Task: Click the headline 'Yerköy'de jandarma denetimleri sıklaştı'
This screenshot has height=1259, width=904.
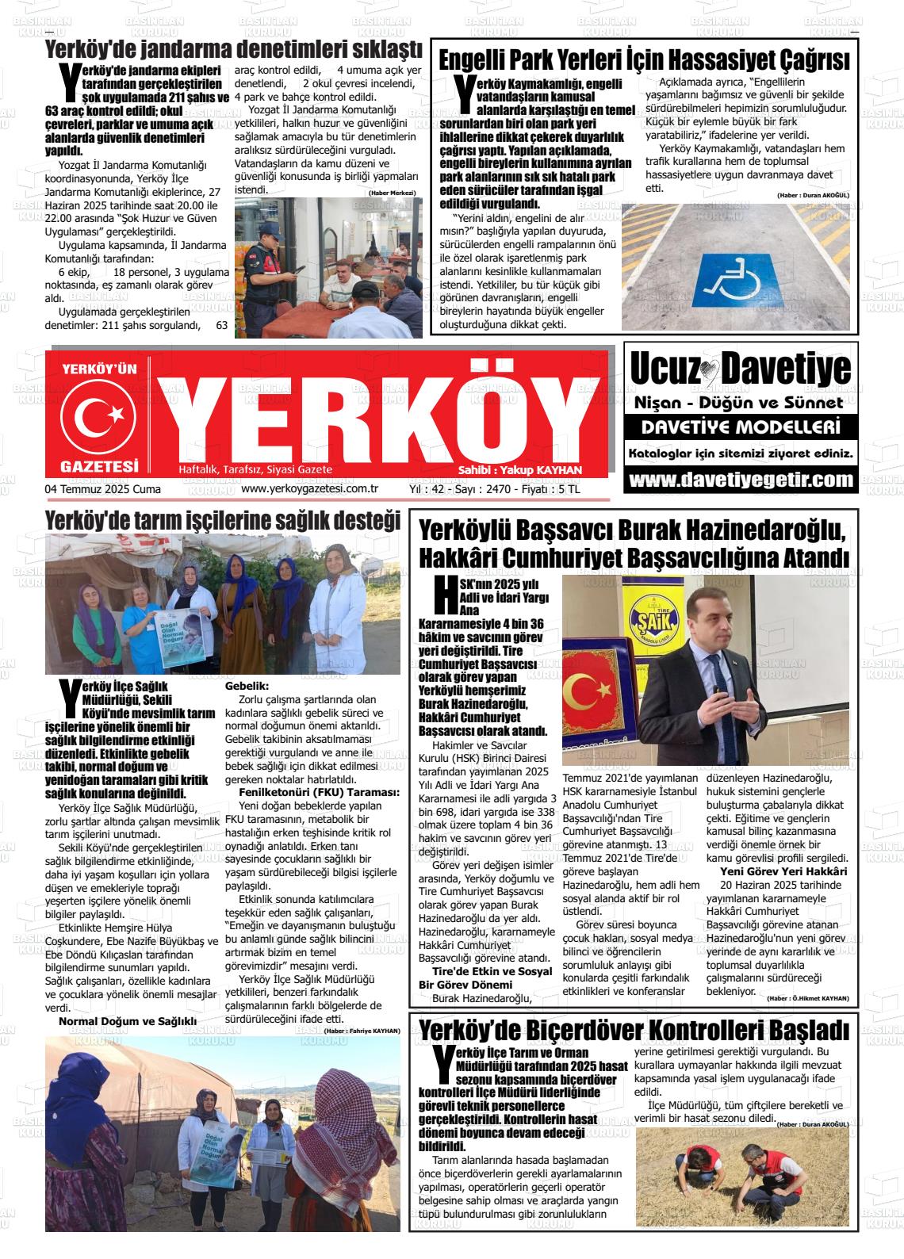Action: click(234, 49)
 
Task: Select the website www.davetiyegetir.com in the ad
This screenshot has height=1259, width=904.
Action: click(741, 480)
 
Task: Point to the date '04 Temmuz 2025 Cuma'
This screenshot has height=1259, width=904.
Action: click(103, 489)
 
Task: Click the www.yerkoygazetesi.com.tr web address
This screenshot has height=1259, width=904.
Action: click(308, 489)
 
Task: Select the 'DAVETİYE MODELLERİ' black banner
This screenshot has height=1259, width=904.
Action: click(741, 428)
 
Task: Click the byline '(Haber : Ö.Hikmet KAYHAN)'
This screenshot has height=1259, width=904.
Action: click(809, 998)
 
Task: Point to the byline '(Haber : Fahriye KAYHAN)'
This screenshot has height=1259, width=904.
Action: click(362, 1031)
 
